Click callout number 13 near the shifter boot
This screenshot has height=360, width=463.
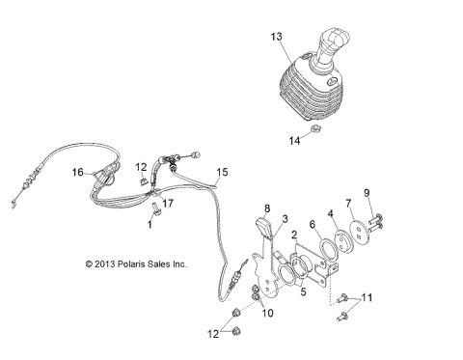(276, 36)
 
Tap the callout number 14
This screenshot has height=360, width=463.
(295, 141)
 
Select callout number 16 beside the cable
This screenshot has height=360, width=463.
(77, 172)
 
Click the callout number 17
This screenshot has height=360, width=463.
(167, 202)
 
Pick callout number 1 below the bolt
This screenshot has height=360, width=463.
(150, 223)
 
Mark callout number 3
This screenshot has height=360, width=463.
(285, 219)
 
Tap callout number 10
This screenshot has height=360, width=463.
(268, 313)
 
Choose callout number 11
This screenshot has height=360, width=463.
(367, 297)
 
